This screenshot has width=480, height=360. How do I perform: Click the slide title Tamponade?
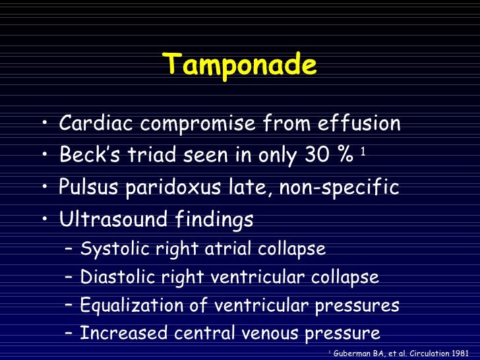pos(240,65)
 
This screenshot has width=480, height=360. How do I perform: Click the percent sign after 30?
pos(344,156)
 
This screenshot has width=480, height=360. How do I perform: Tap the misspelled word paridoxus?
pos(166,188)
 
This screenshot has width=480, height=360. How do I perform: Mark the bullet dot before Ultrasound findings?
pos(43,220)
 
